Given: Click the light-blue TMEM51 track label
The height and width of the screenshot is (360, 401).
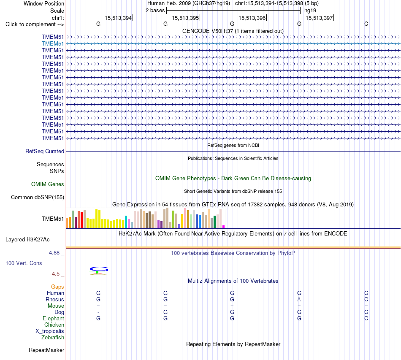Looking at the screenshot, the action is tap(53, 44).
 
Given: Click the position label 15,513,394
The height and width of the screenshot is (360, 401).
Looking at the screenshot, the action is tap(118, 18).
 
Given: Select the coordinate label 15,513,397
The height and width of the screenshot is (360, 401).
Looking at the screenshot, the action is tap(319, 18).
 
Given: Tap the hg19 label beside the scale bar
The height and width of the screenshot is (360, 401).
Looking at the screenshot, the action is tap(310, 11).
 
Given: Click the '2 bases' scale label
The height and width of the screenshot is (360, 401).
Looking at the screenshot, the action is tap(155, 11).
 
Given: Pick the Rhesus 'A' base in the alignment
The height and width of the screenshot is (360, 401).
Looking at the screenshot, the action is tap(299, 299).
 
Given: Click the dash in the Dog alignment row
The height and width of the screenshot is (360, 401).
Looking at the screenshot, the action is tap(98, 312).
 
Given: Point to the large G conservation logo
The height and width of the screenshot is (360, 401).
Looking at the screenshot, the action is tap(99, 269).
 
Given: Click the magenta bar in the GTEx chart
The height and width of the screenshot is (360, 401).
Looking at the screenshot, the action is tap(224, 227).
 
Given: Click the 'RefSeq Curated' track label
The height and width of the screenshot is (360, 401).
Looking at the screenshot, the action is tap(45, 152).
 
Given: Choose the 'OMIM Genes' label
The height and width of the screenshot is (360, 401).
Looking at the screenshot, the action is tap(48, 184).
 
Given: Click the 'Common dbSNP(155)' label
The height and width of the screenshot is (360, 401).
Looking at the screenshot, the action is tap(38, 198).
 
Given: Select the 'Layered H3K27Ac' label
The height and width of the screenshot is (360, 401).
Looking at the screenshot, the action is tap(27, 240).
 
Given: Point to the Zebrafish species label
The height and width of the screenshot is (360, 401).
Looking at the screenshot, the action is tap(53, 338).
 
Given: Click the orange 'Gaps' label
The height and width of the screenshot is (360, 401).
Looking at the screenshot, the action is tap(57, 287).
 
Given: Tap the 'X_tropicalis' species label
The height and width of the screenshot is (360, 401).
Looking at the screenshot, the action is tap(50, 331).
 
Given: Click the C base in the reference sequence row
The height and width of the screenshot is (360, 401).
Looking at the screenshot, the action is tap(366, 24).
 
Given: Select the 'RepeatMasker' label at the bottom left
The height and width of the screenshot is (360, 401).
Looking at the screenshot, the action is tap(46, 350).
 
